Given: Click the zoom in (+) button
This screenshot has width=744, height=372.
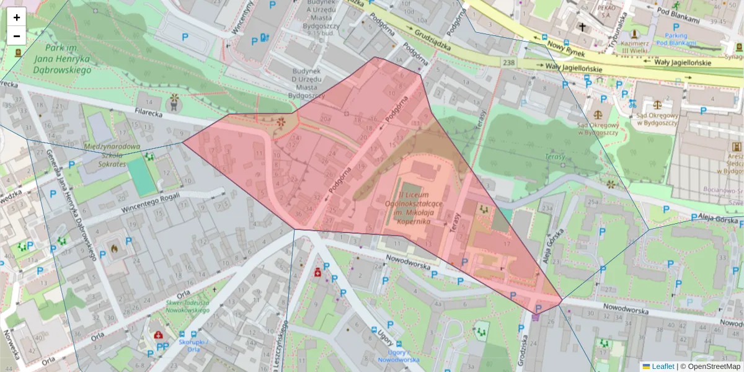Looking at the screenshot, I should (x=17, y=17).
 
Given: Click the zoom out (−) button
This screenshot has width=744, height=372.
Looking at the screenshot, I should (x=17, y=35).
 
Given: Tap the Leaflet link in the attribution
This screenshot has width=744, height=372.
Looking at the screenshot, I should (x=663, y=366).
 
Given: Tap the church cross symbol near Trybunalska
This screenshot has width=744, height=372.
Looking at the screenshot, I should (x=582, y=27).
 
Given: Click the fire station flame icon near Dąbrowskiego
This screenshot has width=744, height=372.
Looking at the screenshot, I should (x=113, y=247).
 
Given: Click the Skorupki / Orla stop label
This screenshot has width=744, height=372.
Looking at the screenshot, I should (x=192, y=345).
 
